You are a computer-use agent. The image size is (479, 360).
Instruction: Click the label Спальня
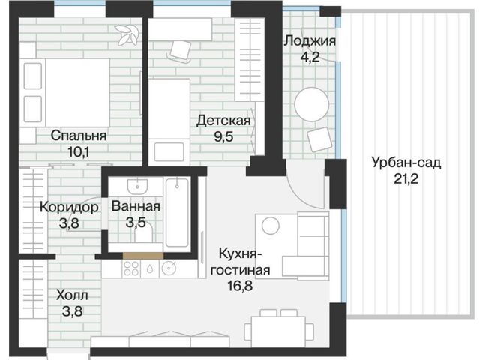79,136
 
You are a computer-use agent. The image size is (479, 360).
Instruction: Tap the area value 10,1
78,151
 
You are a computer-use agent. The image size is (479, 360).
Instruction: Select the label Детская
223,121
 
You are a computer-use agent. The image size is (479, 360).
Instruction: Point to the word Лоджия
310,40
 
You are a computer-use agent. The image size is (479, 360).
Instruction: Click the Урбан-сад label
406,162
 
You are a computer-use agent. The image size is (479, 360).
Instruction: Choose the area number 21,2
406,178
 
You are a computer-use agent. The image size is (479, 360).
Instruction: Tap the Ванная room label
136,206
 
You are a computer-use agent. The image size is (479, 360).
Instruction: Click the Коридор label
69,208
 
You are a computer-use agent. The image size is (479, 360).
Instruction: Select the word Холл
72,295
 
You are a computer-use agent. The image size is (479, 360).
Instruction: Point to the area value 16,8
240,286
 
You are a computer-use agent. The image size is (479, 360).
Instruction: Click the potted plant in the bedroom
126,34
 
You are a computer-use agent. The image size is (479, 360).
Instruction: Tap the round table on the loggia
311,104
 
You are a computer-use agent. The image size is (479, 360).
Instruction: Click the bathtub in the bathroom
177,213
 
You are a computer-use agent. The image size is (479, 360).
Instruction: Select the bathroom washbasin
137,187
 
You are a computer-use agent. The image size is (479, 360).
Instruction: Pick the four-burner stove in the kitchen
131,268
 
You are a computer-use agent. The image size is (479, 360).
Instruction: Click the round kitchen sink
169,268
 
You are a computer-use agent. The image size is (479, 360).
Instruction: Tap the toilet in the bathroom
143,232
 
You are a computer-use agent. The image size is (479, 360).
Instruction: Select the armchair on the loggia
319,139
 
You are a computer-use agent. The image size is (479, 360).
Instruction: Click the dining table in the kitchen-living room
278,331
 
